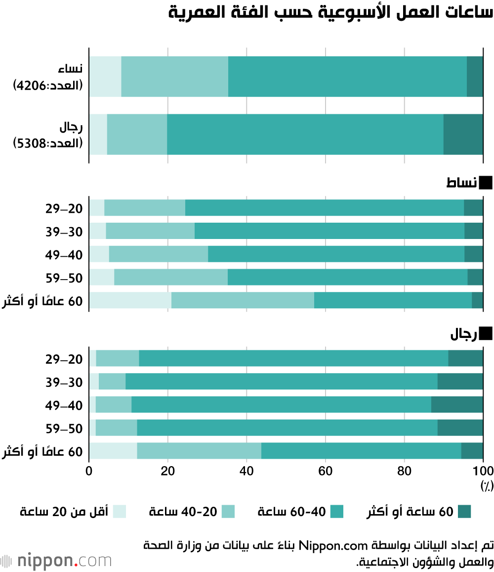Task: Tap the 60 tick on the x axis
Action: coord(326,471)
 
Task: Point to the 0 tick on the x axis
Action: coord(89,471)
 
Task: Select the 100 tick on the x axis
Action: coord(483,471)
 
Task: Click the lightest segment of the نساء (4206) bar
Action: coord(105,76)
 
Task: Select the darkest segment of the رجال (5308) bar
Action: coord(463,134)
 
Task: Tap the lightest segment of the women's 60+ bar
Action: coord(130,300)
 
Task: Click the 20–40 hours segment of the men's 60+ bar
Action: coord(199,451)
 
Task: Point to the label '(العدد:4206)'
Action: coord(48,86)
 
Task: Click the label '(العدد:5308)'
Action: coord(48,143)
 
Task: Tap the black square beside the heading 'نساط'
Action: coord(486,183)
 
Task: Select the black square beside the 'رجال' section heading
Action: coord(486,334)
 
